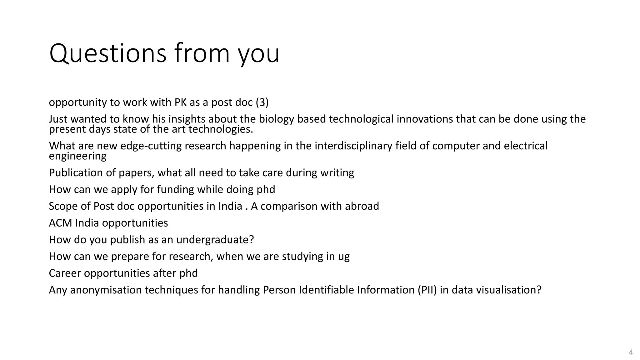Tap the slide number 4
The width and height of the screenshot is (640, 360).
(x=631, y=352)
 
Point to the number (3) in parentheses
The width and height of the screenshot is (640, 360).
(x=262, y=102)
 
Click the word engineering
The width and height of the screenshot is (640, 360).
(x=77, y=156)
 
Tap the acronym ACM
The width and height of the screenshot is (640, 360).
(x=61, y=223)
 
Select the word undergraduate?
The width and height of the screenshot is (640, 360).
(x=215, y=240)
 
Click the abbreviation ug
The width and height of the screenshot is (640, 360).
(x=344, y=257)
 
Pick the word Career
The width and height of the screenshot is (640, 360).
(x=65, y=273)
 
